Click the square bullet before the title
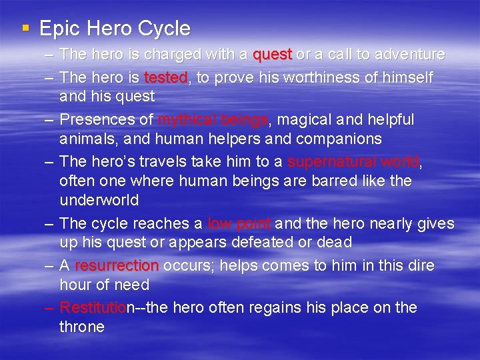25,28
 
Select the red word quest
272,54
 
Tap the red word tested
166,78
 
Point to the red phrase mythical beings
213,120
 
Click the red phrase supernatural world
353,162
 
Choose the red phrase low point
239,223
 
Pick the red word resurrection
117,266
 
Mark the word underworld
99,201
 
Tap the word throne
82,327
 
